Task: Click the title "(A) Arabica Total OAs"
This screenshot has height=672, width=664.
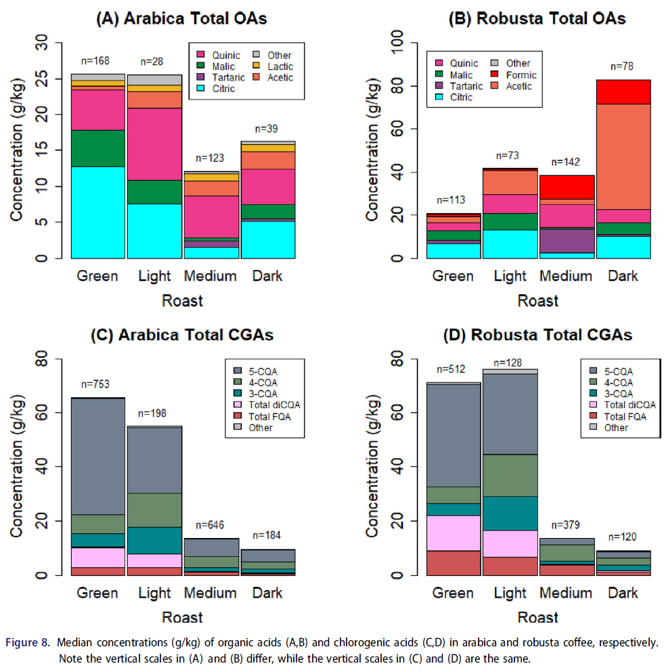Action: click(x=183, y=19)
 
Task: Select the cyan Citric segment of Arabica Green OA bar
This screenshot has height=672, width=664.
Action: click(x=98, y=212)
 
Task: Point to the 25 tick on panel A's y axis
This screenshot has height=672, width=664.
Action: click(x=44, y=79)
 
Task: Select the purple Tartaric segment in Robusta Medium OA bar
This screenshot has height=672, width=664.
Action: click(x=567, y=240)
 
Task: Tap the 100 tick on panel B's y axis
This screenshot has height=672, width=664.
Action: click(x=396, y=43)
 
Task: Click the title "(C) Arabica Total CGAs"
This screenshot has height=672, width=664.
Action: click(x=183, y=335)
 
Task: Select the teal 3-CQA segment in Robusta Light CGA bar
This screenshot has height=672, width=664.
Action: click(x=510, y=513)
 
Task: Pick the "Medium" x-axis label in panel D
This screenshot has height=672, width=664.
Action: click(x=567, y=593)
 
